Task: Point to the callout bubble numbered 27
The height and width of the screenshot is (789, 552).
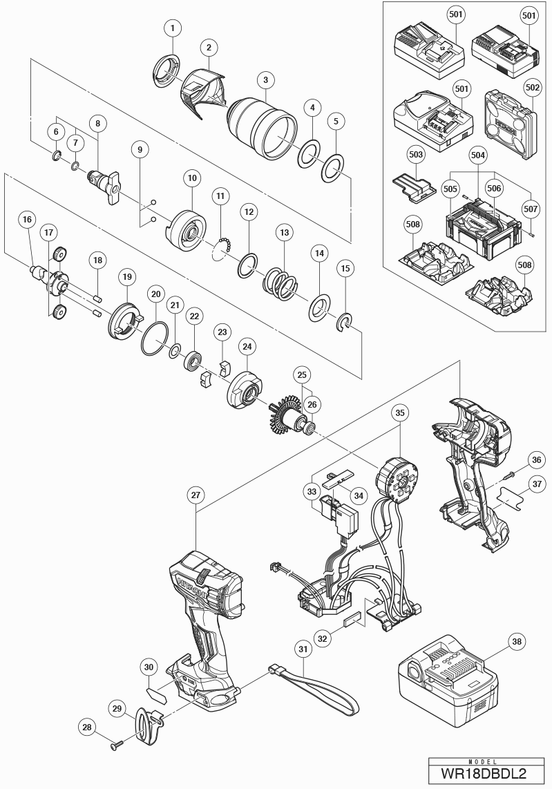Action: pos(196,495)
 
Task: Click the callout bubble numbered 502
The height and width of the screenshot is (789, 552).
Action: pos(532,88)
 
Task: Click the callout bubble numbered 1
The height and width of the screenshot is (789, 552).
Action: pos(172,28)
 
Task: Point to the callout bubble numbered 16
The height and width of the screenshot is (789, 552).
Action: pos(27,220)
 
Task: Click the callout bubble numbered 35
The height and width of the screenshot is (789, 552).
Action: pos(399,413)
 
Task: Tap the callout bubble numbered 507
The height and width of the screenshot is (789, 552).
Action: pos(531,206)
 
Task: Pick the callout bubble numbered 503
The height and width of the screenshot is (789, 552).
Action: pos(415,154)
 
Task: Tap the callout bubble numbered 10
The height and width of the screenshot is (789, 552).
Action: pos(192,178)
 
